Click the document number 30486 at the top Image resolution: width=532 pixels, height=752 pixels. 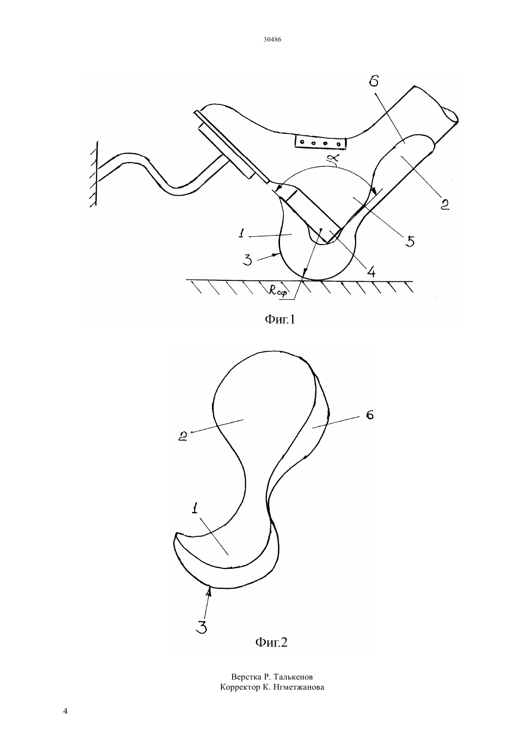tap(272, 39)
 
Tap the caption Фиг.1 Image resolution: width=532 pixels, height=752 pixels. tap(280, 319)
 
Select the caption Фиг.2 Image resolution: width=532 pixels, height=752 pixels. tap(271, 643)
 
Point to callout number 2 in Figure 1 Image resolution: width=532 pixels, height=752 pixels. tap(445, 204)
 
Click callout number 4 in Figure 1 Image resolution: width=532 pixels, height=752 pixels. tap(370, 271)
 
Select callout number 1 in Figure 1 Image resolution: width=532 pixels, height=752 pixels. tap(241, 234)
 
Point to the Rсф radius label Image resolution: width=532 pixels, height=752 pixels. tap(278, 291)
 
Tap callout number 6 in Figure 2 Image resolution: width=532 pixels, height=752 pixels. tap(369, 415)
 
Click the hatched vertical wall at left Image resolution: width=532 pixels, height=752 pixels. tap(94, 174)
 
